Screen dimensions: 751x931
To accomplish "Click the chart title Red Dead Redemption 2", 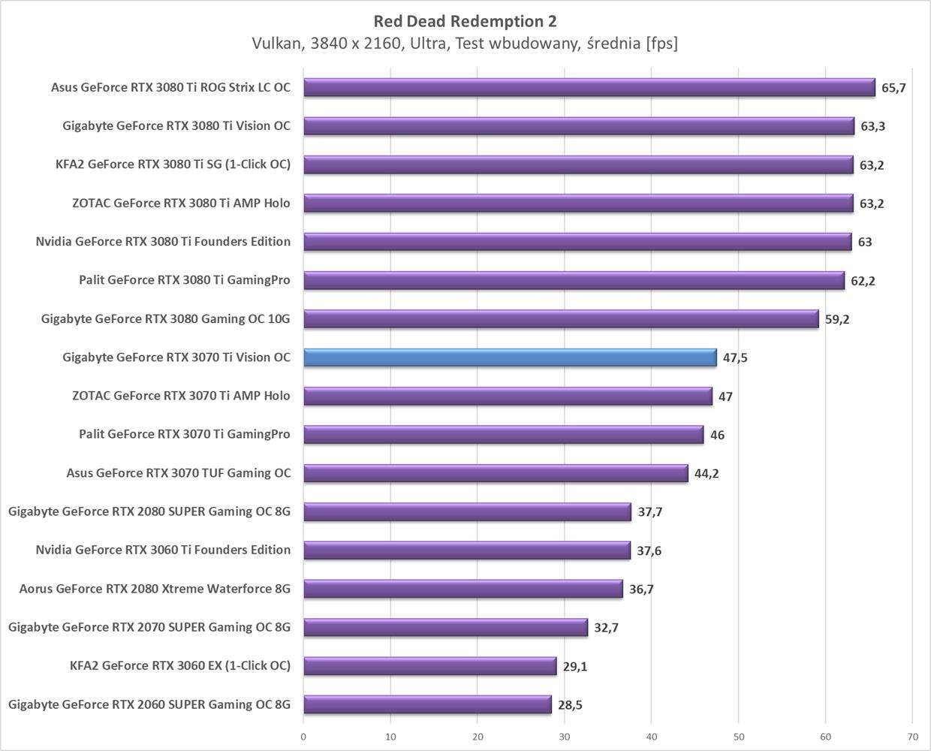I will click(x=465, y=21).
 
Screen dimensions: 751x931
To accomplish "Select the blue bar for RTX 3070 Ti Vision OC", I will click(x=510, y=357).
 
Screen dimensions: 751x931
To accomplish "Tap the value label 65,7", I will click(x=893, y=88).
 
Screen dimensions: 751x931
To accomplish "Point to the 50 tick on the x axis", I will click(x=739, y=737).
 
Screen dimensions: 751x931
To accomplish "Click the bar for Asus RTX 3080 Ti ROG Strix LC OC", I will click(x=589, y=88).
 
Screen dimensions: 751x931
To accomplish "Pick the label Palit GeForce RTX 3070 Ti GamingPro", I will click(x=184, y=434).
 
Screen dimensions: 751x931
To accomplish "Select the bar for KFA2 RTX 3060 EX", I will click(x=429, y=666).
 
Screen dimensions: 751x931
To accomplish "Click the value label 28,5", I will click(x=570, y=705).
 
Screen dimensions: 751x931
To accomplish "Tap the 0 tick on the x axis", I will click(x=303, y=737).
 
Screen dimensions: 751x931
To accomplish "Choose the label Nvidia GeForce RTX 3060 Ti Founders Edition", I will click(x=163, y=550).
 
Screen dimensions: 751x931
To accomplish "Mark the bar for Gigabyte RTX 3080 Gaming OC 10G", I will click(x=561, y=319).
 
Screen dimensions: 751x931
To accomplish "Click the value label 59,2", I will click(x=837, y=319).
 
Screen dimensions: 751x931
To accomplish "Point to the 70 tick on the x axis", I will click(x=912, y=737).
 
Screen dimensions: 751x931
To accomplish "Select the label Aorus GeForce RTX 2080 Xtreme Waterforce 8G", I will click(x=155, y=589).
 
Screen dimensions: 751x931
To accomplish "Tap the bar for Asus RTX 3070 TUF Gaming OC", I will click(x=496, y=473).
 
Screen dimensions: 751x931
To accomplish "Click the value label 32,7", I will click(x=606, y=628).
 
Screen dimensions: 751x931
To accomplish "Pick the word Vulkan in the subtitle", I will click(x=276, y=44).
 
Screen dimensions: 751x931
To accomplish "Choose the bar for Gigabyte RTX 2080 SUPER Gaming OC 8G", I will click(x=467, y=512).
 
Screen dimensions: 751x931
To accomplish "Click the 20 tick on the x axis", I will click(x=478, y=737).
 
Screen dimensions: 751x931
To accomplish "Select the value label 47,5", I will click(x=735, y=358).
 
